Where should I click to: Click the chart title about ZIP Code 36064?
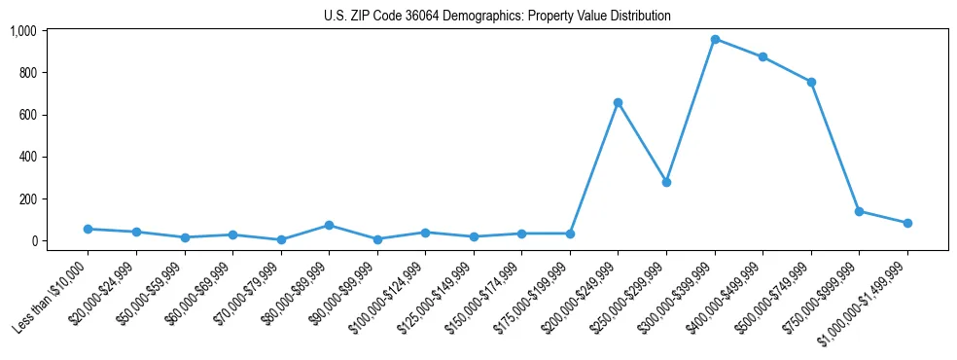pyautogui.click(x=497, y=16)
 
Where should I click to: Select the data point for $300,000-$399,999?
pyautogui.click(x=715, y=40)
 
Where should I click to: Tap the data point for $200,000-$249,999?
pyautogui.click(x=618, y=102)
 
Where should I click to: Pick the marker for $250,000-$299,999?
pyautogui.click(x=666, y=182)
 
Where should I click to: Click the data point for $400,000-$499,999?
pyautogui.click(x=762, y=57)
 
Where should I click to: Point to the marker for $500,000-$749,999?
pyautogui.click(x=811, y=82)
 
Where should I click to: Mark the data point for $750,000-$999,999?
pyautogui.click(x=859, y=211)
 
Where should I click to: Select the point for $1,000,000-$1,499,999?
pyautogui.click(x=907, y=223)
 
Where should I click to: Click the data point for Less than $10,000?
pyautogui.click(x=88, y=229)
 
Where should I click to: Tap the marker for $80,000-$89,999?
pyautogui.click(x=329, y=225)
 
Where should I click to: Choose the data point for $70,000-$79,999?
pyautogui.click(x=281, y=239)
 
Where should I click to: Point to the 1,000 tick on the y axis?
pyautogui.click(x=23, y=31)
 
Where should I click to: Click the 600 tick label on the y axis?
pyautogui.click(x=27, y=115)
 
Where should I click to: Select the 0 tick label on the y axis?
pyautogui.click(x=33, y=241)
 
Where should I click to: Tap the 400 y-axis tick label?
pyautogui.click(x=27, y=157)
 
